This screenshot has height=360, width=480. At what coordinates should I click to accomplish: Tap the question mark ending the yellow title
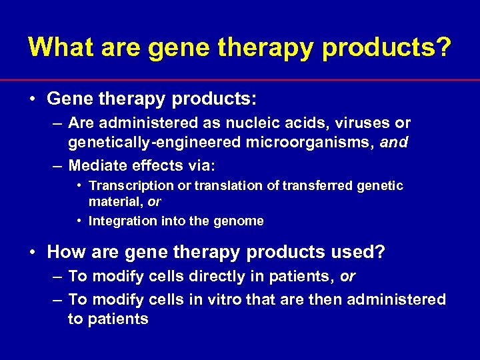coord(442,47)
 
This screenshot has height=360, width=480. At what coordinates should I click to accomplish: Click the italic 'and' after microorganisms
coord(395,142)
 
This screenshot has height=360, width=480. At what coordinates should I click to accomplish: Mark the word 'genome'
coord(242,221)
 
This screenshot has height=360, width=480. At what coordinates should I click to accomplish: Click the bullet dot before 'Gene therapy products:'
coord(33,99)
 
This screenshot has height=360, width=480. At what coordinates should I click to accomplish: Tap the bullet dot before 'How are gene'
coord(33,253)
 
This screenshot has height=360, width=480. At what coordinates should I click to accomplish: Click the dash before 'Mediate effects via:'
coord(57,165)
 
